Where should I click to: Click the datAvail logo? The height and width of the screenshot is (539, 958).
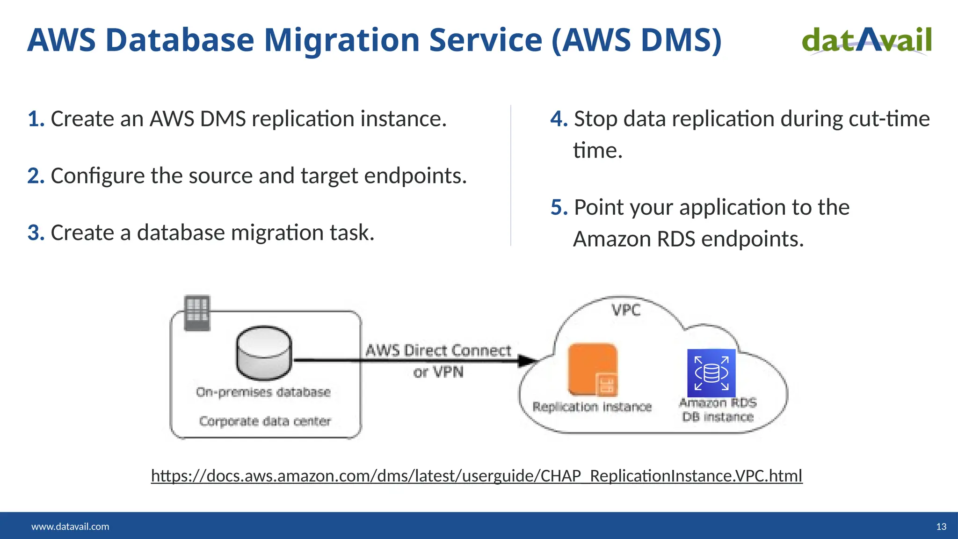[x=866, y=40]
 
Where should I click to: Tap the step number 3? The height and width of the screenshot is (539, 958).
[x=35, y=233]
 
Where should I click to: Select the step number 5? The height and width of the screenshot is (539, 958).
[x=558, y=207]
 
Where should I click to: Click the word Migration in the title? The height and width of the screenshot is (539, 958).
[x=341, y=40]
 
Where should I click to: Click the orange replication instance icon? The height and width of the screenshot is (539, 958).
[x=593, y=369]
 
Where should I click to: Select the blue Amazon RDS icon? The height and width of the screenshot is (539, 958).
[x=711, y=373]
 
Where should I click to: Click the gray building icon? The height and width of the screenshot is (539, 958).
[x=197, y=313]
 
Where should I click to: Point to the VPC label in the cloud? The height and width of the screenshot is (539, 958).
[x=626, y=310]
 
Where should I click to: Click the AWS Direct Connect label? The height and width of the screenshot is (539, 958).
[x=438, y=350]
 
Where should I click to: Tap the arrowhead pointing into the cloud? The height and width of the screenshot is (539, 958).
[x=528, y=360]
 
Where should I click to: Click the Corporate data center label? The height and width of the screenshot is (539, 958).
[x=265, y=421]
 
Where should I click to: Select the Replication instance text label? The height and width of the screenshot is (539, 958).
[x=592, y=407]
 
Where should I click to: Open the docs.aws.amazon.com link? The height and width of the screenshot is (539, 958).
[x=476, y=476]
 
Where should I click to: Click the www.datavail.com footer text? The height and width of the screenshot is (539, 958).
[x=70, y=526]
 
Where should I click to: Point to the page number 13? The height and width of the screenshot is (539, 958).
[x=941, y=526]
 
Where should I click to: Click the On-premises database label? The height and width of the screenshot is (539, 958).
[x=263, y=392]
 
